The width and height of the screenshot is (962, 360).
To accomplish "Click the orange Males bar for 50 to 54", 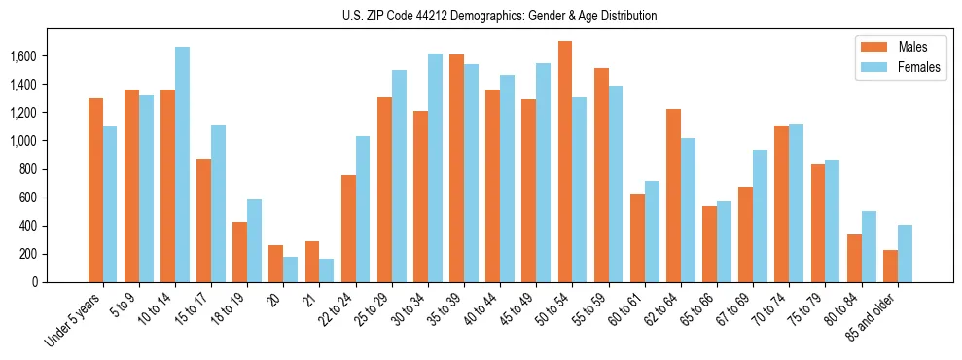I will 565,162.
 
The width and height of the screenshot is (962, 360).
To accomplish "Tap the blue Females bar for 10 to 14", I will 182,164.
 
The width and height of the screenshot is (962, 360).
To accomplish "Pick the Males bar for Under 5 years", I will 95,190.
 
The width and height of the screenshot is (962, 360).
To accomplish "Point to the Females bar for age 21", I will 327,270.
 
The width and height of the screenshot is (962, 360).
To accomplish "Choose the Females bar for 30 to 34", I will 435,167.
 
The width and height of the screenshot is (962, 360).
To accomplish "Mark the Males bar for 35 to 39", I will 456,168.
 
